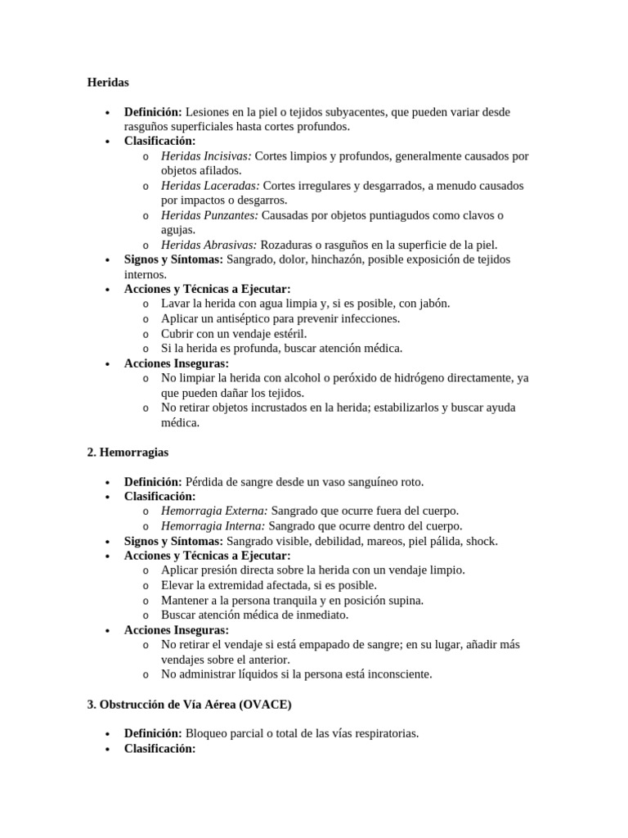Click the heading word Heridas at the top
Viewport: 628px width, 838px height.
[108, 82]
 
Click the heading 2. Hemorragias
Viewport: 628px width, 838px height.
[128, 452]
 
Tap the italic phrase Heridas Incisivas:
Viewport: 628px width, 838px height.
[206, 155]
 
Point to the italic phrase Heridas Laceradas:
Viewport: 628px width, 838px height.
[210, 186]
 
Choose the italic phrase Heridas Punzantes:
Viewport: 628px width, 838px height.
[209, 215]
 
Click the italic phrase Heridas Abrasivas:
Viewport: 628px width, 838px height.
[209, 245]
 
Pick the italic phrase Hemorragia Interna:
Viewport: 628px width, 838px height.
[213, 525]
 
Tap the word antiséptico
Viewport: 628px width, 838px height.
[243, 318]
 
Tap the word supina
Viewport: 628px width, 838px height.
[404, 600]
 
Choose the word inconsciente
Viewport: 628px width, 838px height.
[395, 674]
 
